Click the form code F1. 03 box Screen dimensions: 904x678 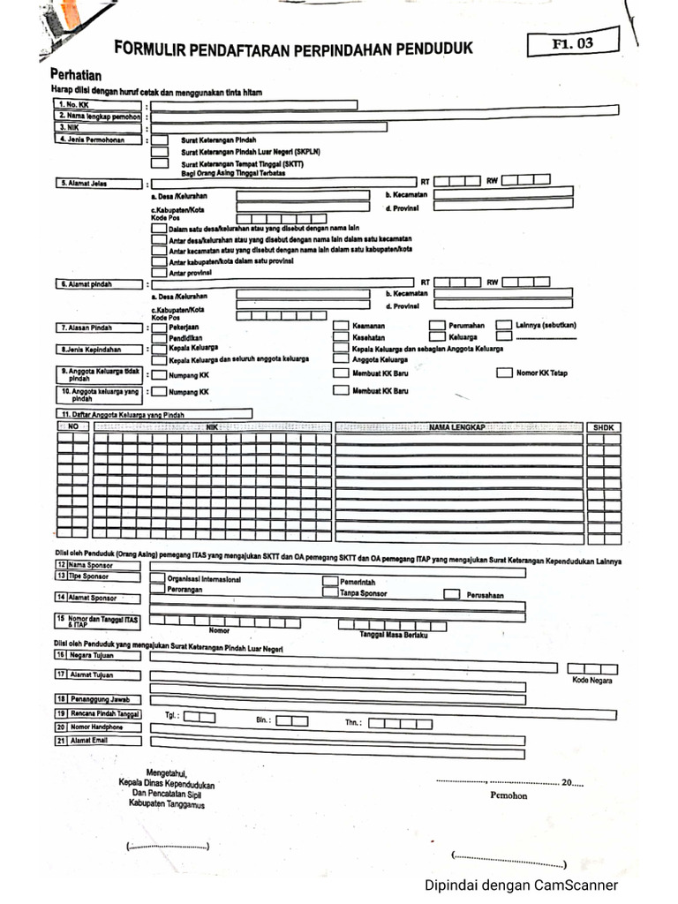pyautogui.click(x=572, y=41)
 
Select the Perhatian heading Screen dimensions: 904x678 pyautogui.click(x=76, y=76)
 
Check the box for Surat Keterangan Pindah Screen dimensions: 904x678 pyautogui.click(x=160, y=139)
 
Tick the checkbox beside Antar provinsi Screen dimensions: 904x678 pyautogui.click(x=159, y=273)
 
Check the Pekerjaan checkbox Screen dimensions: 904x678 pyautogui.click(x=159, y=326)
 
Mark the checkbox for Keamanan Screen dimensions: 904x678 pyautogui.click(x=341, y=326)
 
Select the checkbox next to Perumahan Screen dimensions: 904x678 pyautogui.click(x=437, y=326)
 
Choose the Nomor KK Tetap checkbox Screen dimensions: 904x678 pyautogui.click(x=503, y=373)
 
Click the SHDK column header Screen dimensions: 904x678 pyautogui.click(x=605, y=427)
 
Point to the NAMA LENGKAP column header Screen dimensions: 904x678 pyautogui.click(x=458, y=427)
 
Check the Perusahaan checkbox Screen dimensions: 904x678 pyautogui.click(x=451, y=594)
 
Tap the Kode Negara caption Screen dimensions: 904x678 pyautogui.click(x=592, y=681)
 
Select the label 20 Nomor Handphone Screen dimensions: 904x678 pyautogui.click(x=97, y=727)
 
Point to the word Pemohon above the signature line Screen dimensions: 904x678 pyautogui.click(x=508, y=795)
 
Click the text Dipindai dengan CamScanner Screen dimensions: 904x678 pyautogui.click(x=521, y=885)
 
